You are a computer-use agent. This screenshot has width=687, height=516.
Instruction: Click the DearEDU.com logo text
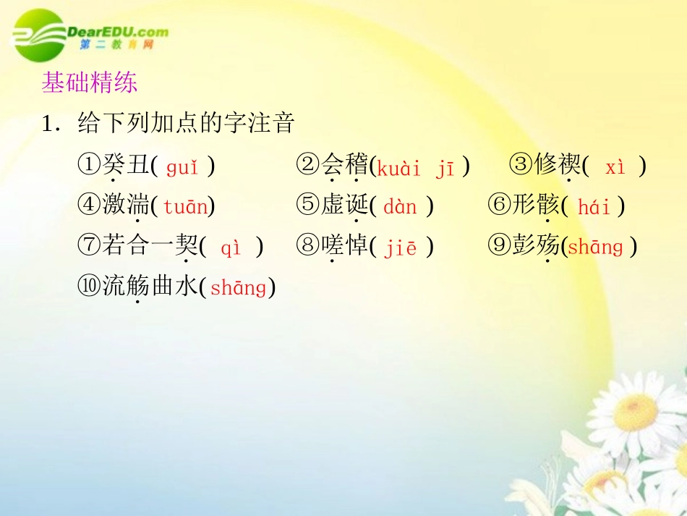pos(118,32)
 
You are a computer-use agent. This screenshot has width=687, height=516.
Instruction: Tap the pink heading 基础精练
pos(90,83)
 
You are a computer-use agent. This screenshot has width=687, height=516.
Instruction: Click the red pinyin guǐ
pos(182,168)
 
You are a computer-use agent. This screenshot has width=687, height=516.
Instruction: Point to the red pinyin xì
pos(615,167)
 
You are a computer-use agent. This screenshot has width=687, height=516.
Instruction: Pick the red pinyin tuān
pos(185,207)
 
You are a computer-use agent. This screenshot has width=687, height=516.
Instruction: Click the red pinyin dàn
pos(400,207)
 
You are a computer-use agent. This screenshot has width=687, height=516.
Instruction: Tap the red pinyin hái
pos(594,208)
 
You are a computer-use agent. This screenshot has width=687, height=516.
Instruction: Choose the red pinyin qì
pos(231,248)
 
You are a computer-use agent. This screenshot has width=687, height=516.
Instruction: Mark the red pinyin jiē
pos(401,248)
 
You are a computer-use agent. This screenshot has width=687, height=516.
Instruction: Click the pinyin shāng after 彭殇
pos(595,248)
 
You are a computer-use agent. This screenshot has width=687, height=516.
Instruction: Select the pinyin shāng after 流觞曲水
pos(238,288)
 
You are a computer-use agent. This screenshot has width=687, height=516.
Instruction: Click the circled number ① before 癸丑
pos(90,166)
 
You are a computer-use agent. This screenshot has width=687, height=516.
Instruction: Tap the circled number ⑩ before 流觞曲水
pos(90,287)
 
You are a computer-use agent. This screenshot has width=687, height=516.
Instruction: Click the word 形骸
pos(536,206)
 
